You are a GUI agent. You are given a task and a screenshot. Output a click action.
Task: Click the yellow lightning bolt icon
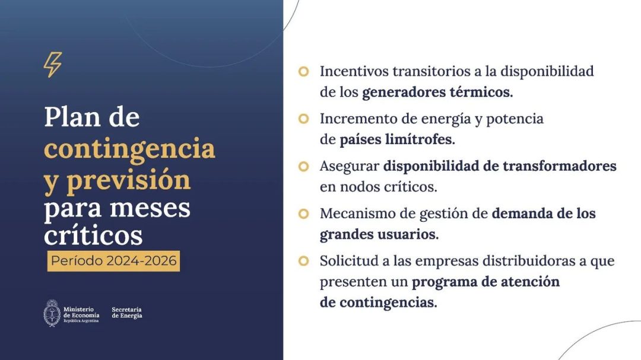pos(53,65)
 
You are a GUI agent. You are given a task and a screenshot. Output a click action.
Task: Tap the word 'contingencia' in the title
pos(129,148)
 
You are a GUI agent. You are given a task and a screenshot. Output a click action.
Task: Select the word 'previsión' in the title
pos(128,179)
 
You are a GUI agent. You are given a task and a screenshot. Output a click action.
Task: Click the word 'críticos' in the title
pos(93,235)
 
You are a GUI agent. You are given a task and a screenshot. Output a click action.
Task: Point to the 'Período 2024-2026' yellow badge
pos(113,261)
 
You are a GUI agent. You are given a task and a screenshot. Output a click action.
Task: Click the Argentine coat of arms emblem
pos(52,313)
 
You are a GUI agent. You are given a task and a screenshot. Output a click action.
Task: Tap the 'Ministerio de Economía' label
pos(81,315)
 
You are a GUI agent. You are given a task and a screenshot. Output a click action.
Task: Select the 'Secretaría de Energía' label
pos(127,313)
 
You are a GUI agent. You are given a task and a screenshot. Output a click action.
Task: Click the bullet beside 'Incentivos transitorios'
pos(303,72)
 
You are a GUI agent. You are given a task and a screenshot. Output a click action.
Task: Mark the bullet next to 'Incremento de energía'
pos(303,119)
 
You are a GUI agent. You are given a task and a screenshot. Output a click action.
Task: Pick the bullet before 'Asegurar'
pos(303,166)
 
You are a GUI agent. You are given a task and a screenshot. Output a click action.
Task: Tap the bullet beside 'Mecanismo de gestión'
pos(303,214)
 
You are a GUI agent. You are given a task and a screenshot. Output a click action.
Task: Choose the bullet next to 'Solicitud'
pos(303,261)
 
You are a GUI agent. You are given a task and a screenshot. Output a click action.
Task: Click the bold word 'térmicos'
pos(481,92)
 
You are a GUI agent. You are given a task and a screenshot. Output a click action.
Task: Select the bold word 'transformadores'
pos(559,166)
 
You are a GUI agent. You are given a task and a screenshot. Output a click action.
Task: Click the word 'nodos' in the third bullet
pos(360,187)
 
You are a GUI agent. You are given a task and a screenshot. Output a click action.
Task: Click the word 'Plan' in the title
pos(72,117)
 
